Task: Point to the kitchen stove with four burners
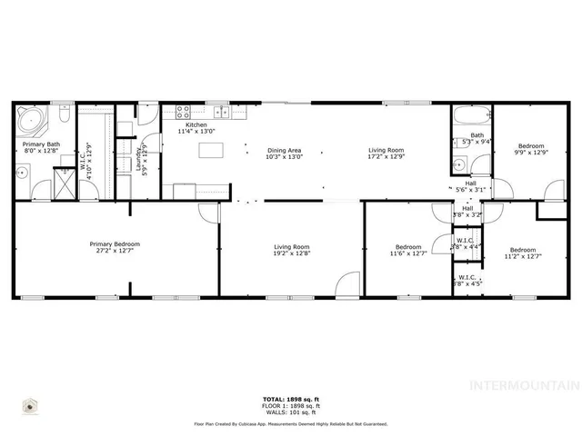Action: [183, 114]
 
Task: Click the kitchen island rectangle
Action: [212, 150]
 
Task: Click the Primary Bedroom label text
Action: [115, 243]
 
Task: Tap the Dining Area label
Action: [284, 150]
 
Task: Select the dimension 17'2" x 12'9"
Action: [386, 157]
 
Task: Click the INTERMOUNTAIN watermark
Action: [522, 384]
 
